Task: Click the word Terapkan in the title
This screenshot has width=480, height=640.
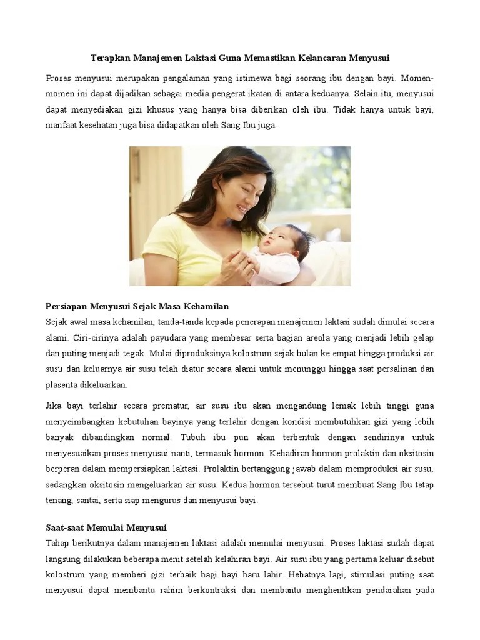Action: (109, 58)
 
